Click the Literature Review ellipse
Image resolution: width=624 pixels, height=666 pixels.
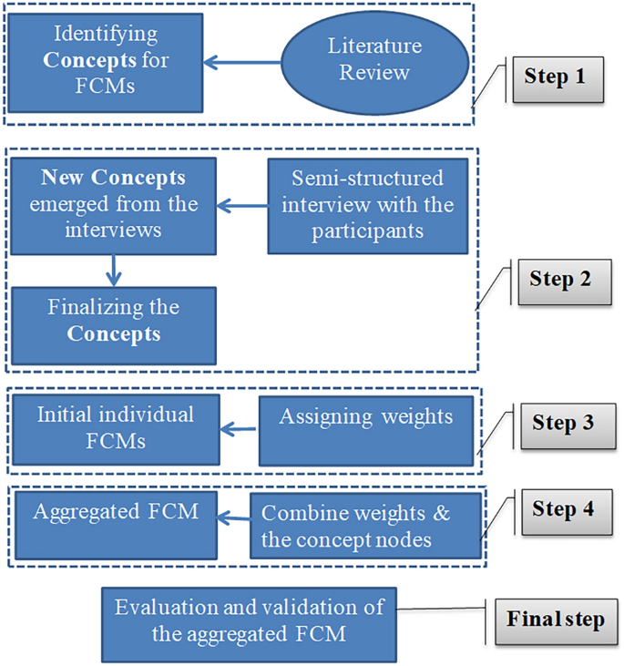tap(376, 60)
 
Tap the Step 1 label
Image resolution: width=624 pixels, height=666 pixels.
tap(554, 77)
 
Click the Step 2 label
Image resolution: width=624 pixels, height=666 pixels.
tap(559, 279)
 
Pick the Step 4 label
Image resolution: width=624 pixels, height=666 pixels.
tap(562, 508)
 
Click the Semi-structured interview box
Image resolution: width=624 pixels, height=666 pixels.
tap(367, 206)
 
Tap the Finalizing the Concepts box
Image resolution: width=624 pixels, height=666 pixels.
tap(113, 321)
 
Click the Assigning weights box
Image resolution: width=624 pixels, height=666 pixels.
tap(366, 428)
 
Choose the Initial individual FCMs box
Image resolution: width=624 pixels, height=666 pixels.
tap(115, 426)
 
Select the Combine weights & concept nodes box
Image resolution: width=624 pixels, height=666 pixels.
tap(366, 525)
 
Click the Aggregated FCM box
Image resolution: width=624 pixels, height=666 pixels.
tap(115, 524)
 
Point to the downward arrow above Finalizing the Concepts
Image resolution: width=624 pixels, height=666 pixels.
tap(113, 269)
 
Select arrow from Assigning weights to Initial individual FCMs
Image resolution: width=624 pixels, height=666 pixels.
tap(240, 427)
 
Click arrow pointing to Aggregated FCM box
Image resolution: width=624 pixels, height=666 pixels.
tap(235, 519)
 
